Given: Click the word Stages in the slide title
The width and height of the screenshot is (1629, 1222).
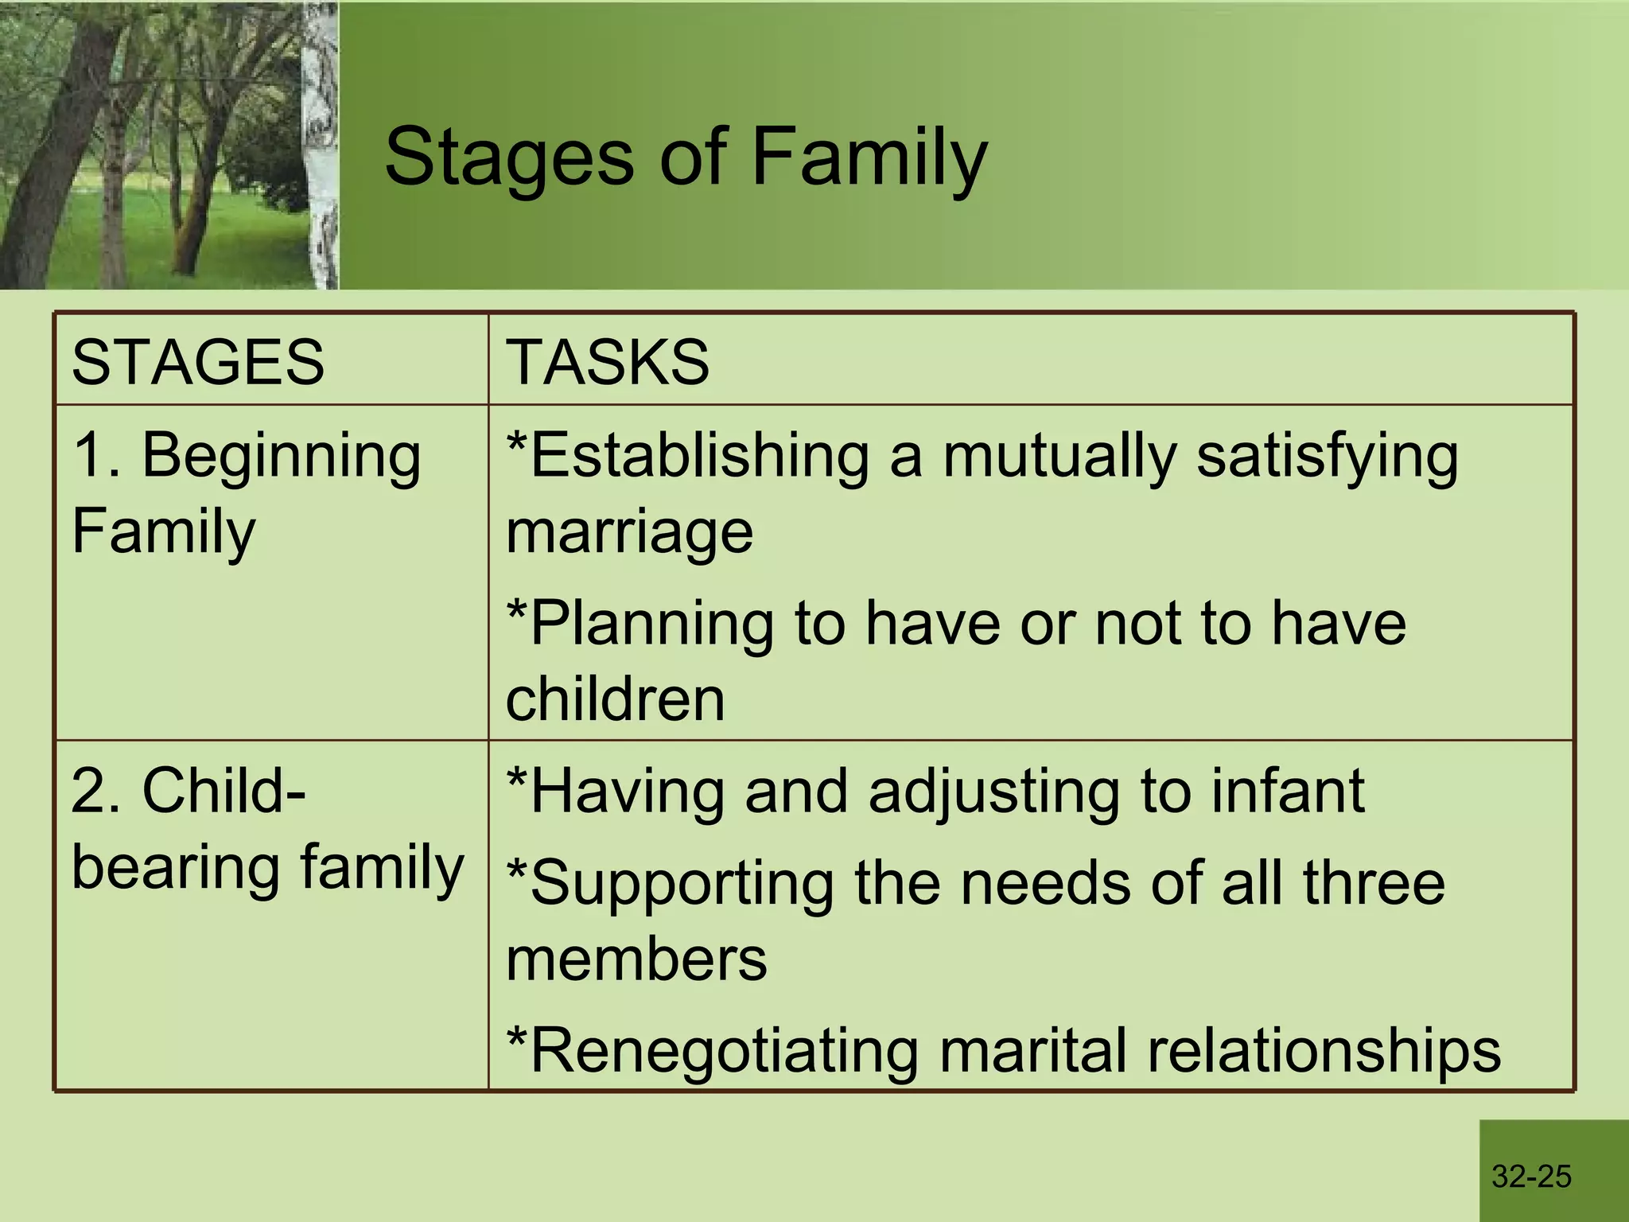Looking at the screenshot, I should pyautogui.click(x=509, y=157).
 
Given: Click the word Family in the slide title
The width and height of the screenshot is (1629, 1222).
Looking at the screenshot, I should pyautogui.click(x=869, y=157).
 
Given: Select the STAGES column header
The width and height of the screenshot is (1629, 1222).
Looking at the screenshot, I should pyautogui.click(x=198, y=362).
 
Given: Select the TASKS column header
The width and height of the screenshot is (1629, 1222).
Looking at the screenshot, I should pyautogui.click(x=608, y=362).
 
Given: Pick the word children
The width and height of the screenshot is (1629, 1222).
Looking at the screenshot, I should pyautogui.click(x=615, y=699).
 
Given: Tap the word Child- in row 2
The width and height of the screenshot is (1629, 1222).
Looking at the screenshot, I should pyautogui.click(x=224, y=792).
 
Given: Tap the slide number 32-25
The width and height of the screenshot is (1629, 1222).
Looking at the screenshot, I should pyautogui.click(x=1531, y=1176).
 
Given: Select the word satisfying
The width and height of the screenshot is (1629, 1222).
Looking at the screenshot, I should pyautogui.click(x=1328, y=457).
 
